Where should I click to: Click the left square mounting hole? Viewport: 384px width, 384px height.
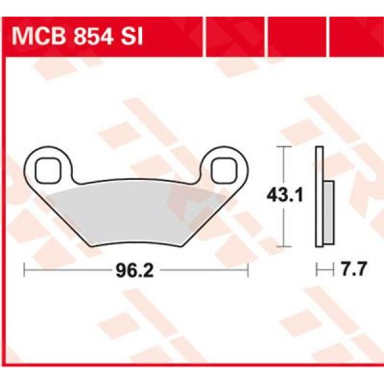point(46,170)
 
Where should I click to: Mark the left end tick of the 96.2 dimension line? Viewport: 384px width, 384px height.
point(24,271)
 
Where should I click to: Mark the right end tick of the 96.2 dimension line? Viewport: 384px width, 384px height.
point(247,271)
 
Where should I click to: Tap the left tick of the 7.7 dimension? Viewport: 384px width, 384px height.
point(317,271)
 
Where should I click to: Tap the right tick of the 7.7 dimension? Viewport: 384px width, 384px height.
point(333,271)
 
